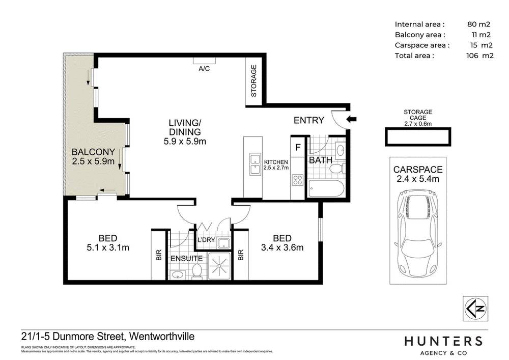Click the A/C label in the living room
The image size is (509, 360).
(x=204, y=68)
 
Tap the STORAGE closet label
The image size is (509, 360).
(x=254, y=81)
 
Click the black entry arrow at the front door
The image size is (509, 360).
(x=352, y=120)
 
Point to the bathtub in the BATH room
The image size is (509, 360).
(x=326, y=189)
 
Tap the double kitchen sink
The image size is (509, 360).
(x=253, y=166)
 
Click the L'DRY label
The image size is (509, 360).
(x=207, y=240)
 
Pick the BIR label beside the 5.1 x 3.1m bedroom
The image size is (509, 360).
(x=158, y=255)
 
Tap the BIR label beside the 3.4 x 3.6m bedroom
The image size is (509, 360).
(x=240, y=255)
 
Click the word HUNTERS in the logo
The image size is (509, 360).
(x=443, y=341)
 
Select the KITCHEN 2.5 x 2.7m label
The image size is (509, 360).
(x=276, y=164)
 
